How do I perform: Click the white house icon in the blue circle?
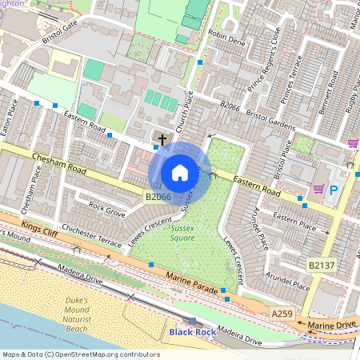(x=180, y=172)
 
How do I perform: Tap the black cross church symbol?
(x=162, y=140)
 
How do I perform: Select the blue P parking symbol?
(x=334, y=190)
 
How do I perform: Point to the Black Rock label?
(x=191, y=331)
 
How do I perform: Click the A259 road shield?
(x=282, y=314)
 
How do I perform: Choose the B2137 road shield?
(x=321, y=262)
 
